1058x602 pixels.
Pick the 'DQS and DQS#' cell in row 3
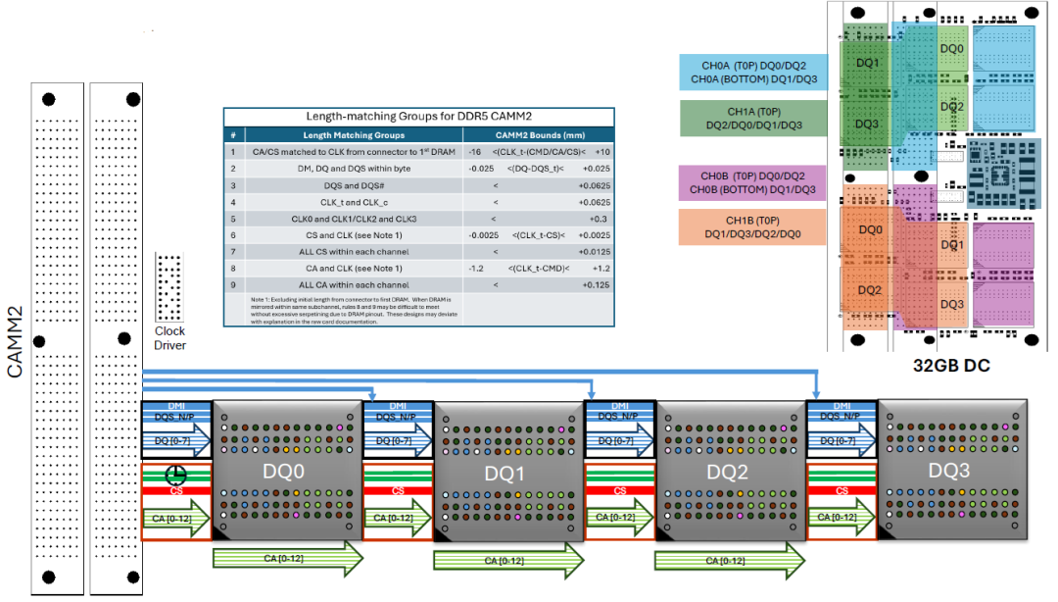pos(353,184)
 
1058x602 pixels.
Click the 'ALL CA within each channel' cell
pos(353,284)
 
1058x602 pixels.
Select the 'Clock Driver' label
pos(169,338)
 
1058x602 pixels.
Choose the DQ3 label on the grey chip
pos(948,471)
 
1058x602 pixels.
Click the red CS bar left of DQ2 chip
pos(619,491)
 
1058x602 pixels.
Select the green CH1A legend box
pos(753,118)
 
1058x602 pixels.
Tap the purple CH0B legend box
pos(753,182)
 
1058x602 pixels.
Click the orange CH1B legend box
pos(753,226)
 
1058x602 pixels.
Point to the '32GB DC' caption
pos(949,366)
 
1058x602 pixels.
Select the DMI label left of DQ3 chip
pos(841,406)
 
